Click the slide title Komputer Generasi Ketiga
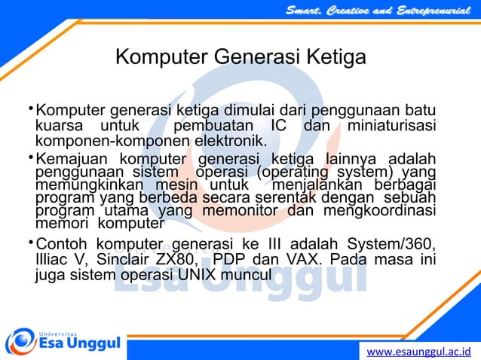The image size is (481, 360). point(240,58)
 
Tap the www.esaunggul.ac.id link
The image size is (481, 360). point(418,351)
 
